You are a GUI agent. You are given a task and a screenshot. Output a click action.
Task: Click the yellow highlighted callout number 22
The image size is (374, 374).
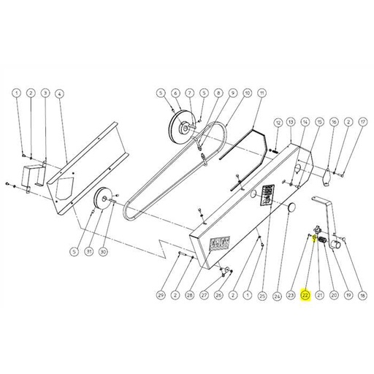(x=305, y=296)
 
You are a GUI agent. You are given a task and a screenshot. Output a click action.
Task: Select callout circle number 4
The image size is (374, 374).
(x=59, y=93)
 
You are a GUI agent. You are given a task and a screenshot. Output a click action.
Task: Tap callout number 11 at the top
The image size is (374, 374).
(x=262, y=93)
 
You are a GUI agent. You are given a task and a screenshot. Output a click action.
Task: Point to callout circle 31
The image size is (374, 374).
(x=88, y=252)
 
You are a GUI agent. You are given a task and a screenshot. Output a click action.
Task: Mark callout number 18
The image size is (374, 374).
(x=362, y=296)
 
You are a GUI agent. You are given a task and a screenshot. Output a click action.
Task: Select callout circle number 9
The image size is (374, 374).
(x=233, y=93)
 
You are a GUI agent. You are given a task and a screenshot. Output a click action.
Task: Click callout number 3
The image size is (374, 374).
(x=45, y=93)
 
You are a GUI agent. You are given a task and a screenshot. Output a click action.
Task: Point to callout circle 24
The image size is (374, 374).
(x=278, y=296)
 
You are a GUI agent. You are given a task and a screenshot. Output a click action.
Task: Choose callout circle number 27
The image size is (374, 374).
(x=205, y=296)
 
